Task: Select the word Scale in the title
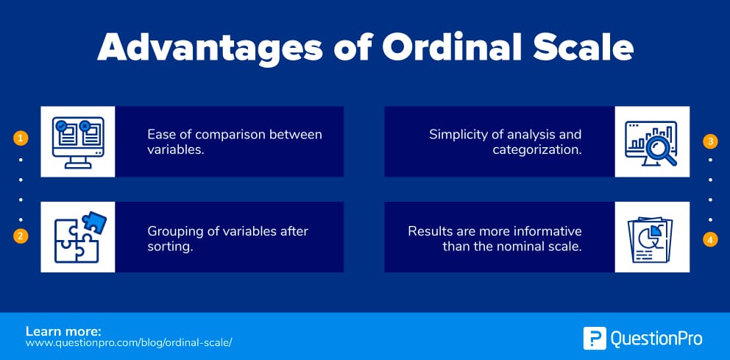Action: pyautogui.click(x=581, y=47)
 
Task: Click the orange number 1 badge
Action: pyautogui.click(x=21, y=138)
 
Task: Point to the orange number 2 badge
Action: pyautogui.click(x=21, y=236)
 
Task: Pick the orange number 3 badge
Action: pyautogui.click(x=710, y=141)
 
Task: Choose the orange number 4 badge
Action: pyautogui.click(x=710, y=239)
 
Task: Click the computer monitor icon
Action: pyautogui.click(x=78, y=141)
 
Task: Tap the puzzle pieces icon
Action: pyautogui.click(x=78, y=237)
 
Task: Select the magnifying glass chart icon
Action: pyautogui.click(x=652, y=141)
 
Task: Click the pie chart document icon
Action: pyautogui.click(x=652, y=237)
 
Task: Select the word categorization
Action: pyautogui.click(x=536, y=150)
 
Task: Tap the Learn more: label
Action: pyautogui.click(x=63, y=331)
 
